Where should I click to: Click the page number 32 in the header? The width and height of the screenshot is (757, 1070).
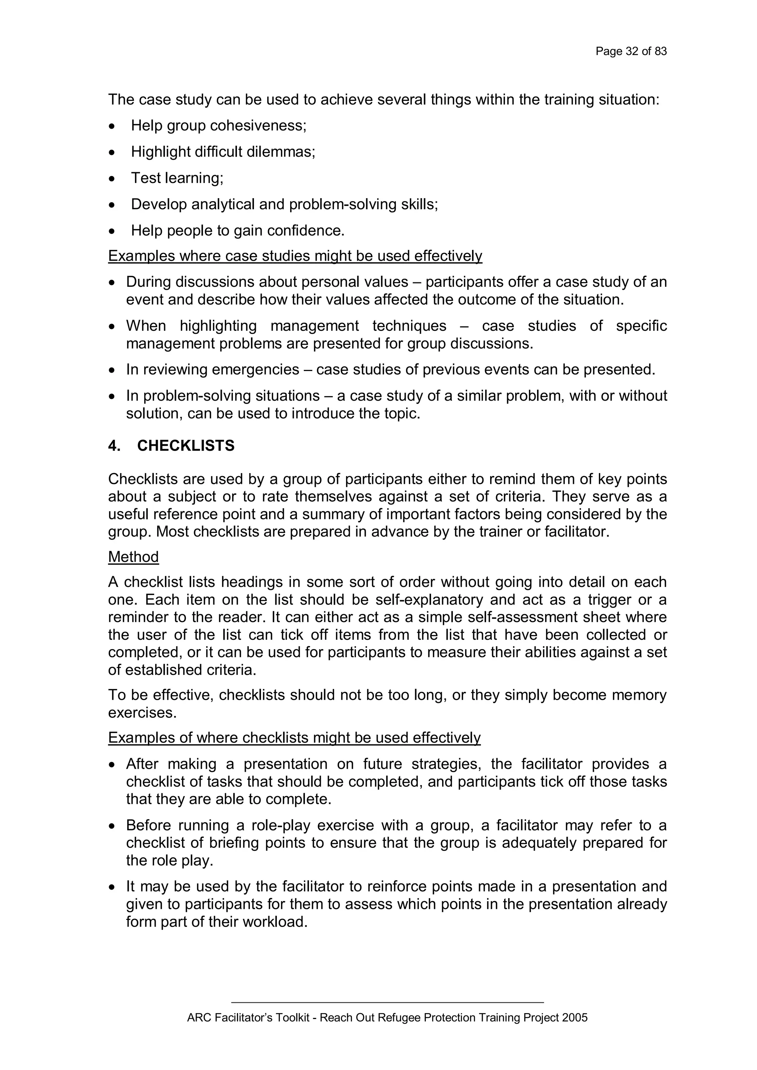click(632, 51)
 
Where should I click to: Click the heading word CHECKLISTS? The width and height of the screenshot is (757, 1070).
click(186, 446)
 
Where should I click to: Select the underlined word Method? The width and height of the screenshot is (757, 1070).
click(133, 557)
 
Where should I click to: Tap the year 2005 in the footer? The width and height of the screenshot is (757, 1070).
click(575, 1018)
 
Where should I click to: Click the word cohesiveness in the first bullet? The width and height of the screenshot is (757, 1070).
click(258, 126)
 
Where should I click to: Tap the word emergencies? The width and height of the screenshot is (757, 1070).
click(255, 370)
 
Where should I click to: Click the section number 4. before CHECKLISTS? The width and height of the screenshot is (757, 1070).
click(114, 446)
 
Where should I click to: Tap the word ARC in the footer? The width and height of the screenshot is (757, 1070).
click(196, 1018)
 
